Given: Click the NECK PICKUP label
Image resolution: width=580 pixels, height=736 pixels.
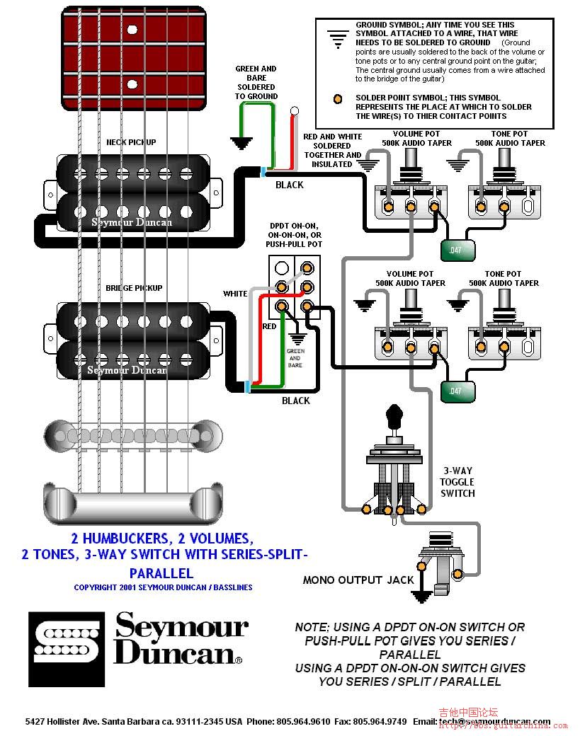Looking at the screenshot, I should point(131,142).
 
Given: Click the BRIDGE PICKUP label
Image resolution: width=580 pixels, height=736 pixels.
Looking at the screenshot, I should point(134,288).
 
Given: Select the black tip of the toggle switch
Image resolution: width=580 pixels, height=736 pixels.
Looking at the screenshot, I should point(394,412).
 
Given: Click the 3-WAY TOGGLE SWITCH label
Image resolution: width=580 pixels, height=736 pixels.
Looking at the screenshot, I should point(457,482).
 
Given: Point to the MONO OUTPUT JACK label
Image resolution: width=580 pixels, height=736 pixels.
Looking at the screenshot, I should point(358,580).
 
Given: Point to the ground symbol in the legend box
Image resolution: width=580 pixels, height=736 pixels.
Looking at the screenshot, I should point(339,38).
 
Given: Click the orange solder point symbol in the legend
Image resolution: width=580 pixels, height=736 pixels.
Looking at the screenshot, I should point(339,98).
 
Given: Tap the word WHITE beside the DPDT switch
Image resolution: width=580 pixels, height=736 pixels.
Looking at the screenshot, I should point(235,294).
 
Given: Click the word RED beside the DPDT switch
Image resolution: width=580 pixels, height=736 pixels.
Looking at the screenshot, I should point(269,326).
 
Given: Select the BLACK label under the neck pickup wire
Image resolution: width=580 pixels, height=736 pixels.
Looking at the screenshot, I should point(289,185).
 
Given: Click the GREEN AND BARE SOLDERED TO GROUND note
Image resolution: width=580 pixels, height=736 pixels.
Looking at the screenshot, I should point(256,83).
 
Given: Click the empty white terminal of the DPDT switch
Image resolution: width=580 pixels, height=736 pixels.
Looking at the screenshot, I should point(282,268).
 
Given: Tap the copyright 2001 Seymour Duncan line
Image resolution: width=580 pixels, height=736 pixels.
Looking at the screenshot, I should point(163,587).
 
